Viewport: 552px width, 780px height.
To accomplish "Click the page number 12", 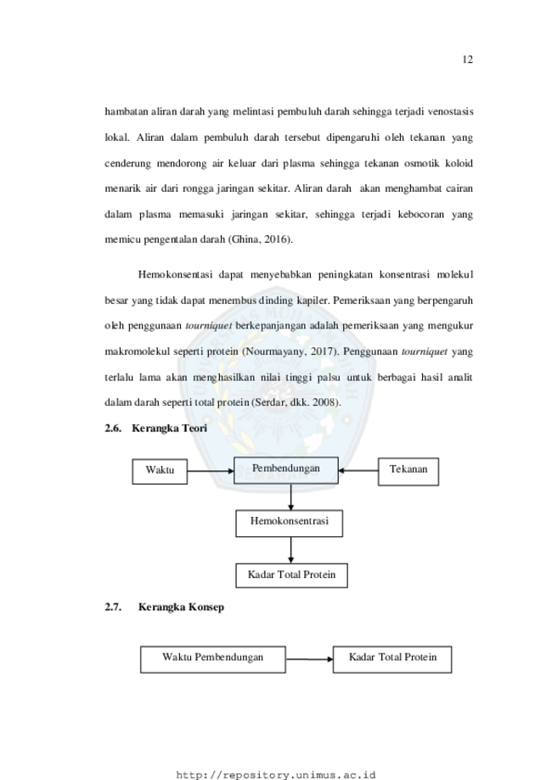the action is (467, 59).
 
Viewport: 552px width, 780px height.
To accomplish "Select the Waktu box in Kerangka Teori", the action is (160, 472).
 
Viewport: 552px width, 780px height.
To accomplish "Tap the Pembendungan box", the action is (286, 470).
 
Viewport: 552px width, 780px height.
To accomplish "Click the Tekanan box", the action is (408, 472).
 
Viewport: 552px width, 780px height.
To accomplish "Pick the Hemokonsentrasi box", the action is (290, 524).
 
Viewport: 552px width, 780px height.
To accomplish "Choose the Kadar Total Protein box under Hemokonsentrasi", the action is (291, 575).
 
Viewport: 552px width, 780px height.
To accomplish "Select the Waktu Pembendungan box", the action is (213, 659).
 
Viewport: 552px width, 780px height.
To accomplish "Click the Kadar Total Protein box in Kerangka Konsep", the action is (392, 659).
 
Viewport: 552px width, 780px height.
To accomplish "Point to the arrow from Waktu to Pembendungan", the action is (211, 471).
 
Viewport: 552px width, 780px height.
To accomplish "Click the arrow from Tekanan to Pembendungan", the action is (358, 470).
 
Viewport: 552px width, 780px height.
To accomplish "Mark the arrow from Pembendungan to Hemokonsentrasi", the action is (290, 497).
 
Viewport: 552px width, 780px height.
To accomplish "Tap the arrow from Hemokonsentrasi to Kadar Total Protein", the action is (290, 550).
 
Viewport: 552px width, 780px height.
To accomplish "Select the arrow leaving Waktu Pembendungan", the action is (309, 659).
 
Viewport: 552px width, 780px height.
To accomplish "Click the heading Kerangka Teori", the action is (169, 429).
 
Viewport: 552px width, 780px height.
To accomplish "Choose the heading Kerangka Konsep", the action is (181, 607).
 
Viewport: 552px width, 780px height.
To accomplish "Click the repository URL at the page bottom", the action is (276, 775).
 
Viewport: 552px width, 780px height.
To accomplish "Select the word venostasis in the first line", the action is (450, 111).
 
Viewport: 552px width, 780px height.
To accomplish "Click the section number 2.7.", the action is (113, 607).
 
